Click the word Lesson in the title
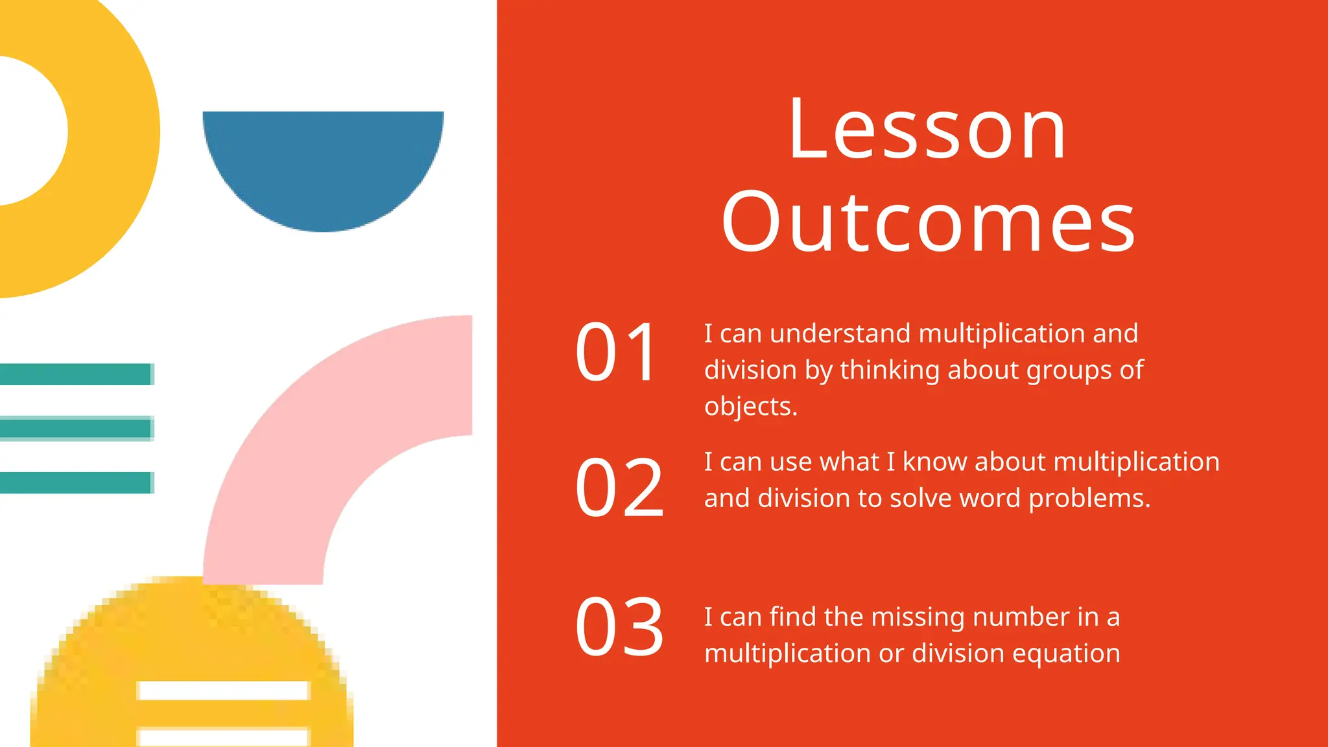[927, 130]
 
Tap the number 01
[617, 352]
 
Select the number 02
[619, 487]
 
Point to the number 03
[619, 627]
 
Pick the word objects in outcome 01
[750, 407]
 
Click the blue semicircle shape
[323, 162]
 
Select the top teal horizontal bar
[76, 374]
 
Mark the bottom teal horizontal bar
[76, 482]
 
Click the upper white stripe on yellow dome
[223, 691]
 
